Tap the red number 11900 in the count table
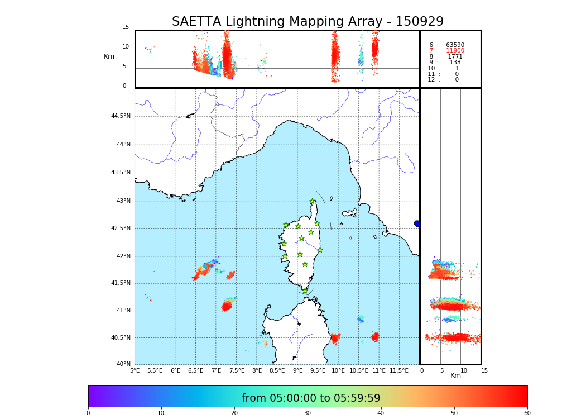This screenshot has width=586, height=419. pos(455,51)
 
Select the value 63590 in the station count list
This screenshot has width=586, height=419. pos(455,45)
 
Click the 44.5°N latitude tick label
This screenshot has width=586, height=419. pos(121,116)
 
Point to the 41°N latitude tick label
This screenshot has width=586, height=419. pos(122,311)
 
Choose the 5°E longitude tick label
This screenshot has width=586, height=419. pos(135,370)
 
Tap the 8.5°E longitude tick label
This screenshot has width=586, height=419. pos(277,370)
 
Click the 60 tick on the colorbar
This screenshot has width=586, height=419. pos(527,413)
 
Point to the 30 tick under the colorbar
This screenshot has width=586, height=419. pos(308,413)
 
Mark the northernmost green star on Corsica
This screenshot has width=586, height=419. pos(313,202)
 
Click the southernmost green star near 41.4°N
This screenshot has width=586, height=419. pos(305,291)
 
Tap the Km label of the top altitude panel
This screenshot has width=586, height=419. pos(109,56)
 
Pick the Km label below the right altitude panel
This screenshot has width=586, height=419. pos(456,375)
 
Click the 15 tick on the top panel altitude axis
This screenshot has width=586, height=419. pos(126,27)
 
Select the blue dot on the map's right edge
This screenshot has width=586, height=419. pos(417,223)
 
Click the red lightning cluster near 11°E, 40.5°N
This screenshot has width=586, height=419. pos(376,337)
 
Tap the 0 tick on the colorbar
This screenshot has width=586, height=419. pos(88,413)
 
